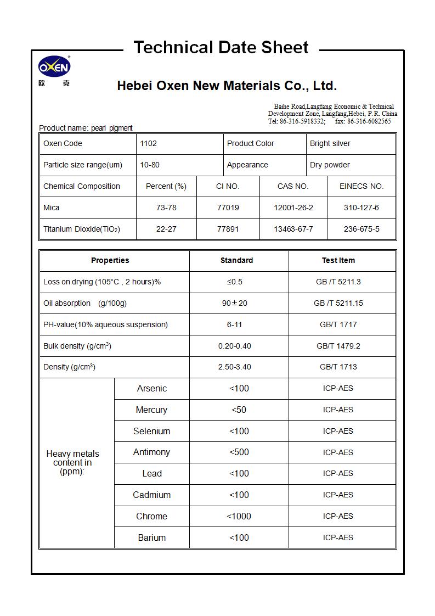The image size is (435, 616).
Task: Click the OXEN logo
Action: [54, 68]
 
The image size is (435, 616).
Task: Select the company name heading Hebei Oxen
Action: [227, 86]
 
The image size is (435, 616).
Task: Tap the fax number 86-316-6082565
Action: [369, 121]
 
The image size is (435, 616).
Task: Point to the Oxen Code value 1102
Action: [149, 144]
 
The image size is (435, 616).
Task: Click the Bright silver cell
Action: [330, 144]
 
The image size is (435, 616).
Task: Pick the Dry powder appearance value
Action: [330, 165]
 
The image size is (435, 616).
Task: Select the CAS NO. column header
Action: [293, 187]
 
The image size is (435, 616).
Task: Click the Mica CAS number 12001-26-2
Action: [293, 208]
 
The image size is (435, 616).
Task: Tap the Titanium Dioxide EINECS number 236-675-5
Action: [361, 229]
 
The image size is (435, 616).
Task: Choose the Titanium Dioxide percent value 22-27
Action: [166, 229]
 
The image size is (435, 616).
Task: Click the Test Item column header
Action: [338, 261]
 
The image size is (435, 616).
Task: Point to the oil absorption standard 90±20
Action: [235, 304]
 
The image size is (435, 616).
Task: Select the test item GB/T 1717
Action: [338, 325]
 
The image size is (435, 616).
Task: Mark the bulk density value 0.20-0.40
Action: [235, 346]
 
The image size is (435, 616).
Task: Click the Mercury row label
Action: [151, 410]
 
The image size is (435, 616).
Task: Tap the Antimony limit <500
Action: [239, 452]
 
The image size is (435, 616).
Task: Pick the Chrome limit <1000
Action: [239, 517]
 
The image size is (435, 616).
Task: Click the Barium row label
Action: [151, 538]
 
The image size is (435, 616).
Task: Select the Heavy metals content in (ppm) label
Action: [73, 463]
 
